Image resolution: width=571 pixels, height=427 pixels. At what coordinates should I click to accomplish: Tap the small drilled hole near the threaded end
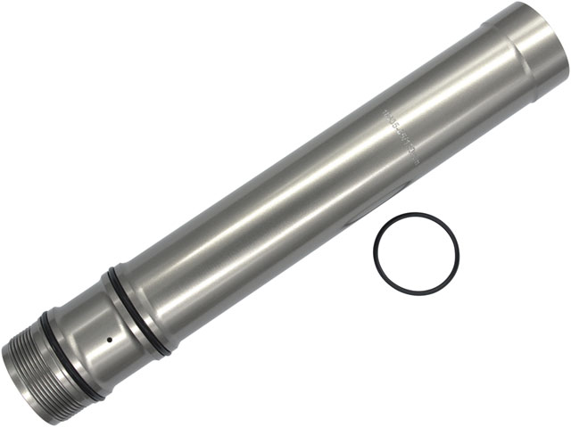click(x=109, y=339)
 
